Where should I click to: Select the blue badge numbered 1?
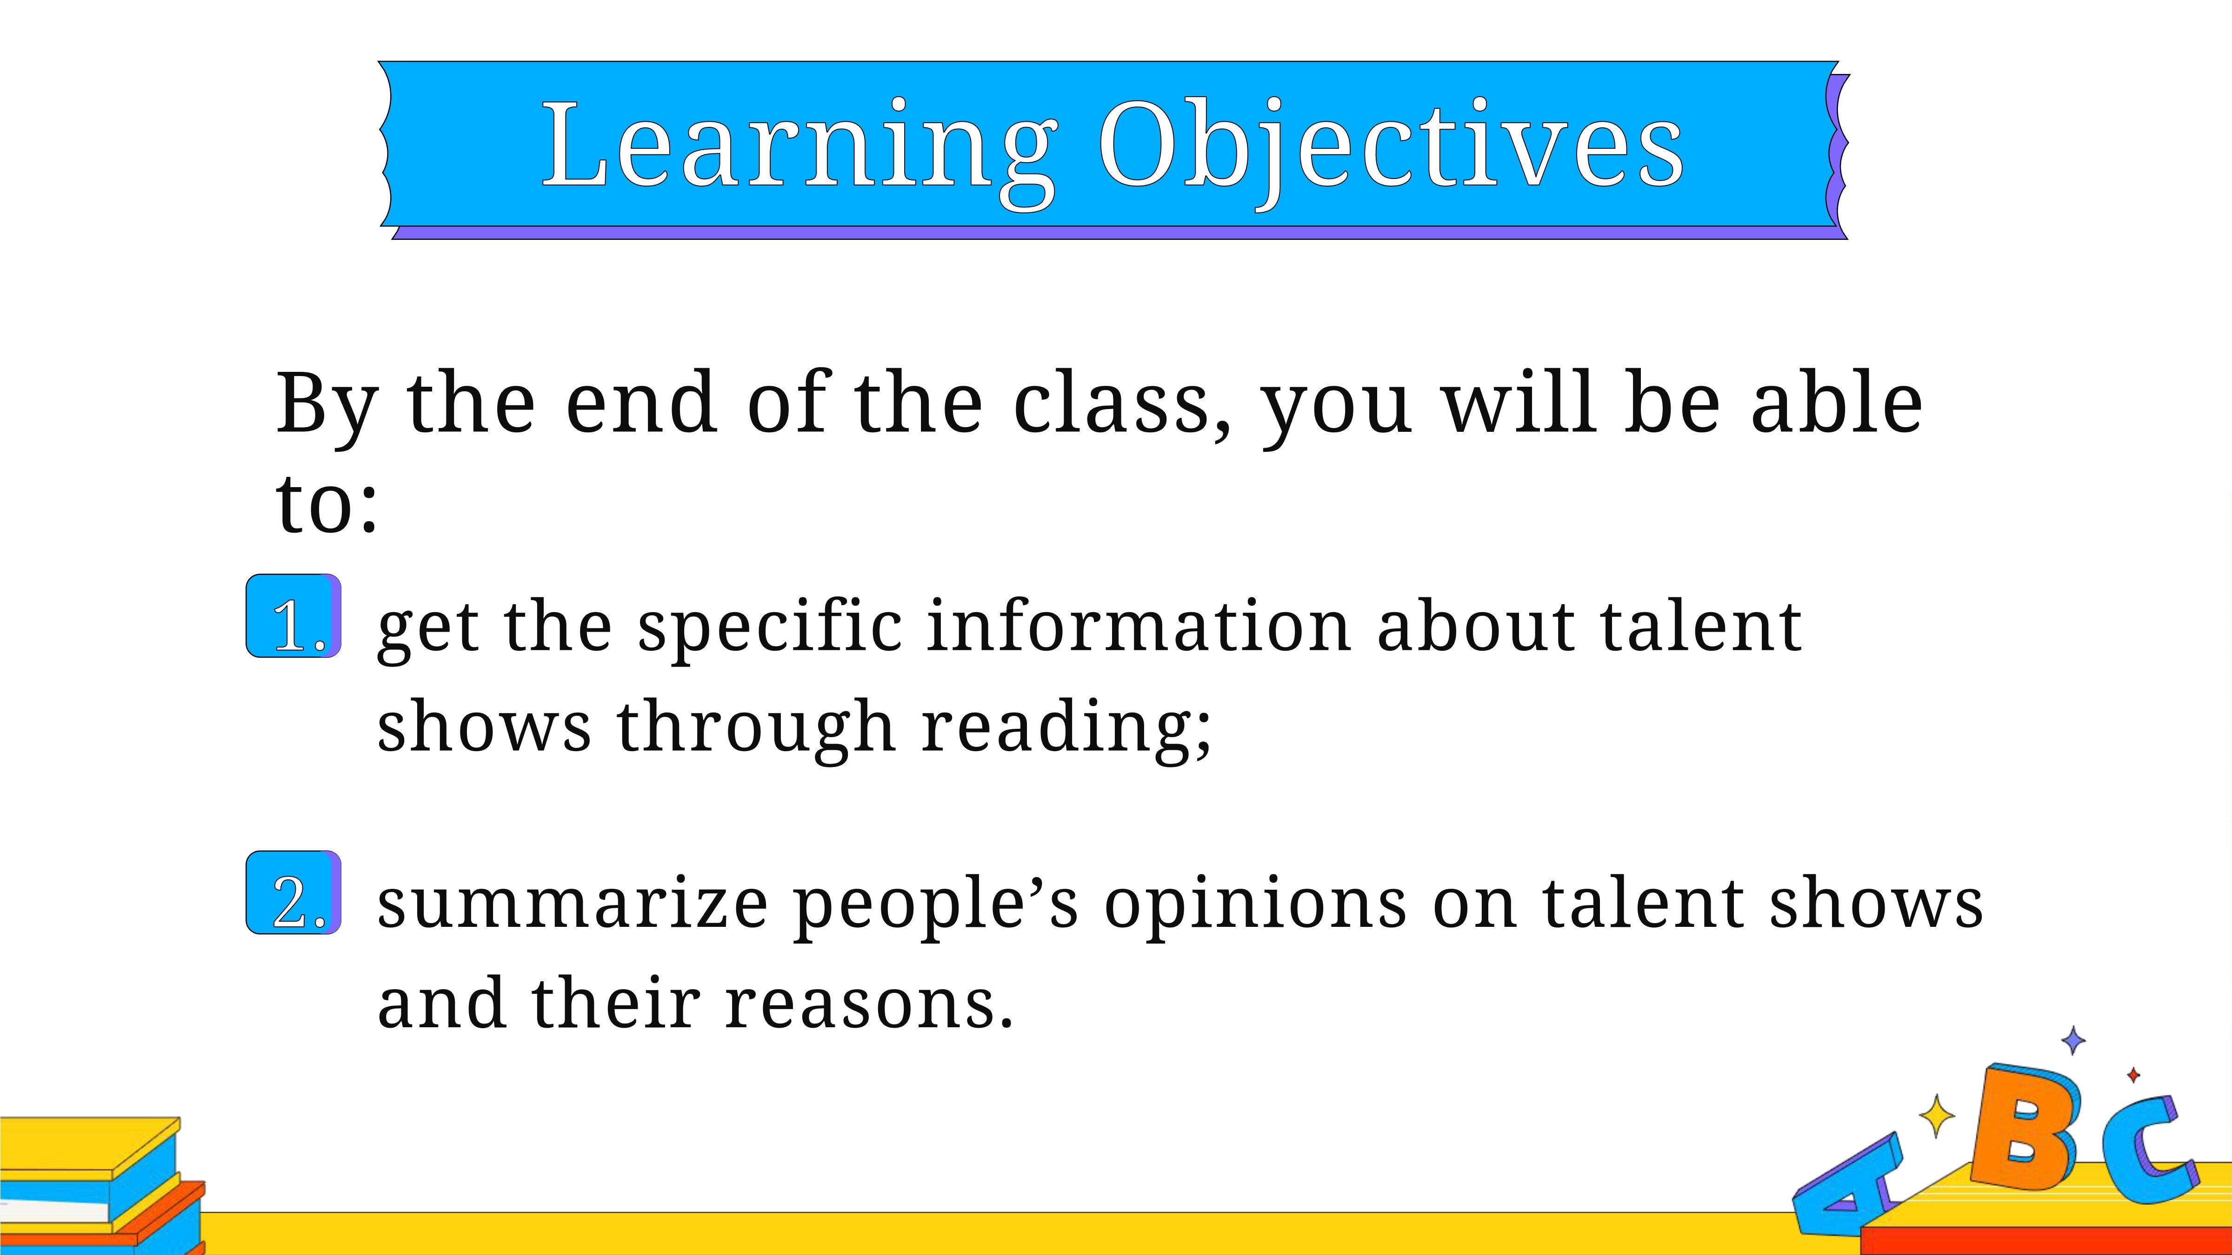point(294,616)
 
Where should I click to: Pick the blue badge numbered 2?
point(294,893)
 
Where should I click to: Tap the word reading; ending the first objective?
point(1066,729)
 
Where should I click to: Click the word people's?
point(936,907)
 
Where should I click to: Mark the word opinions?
point(1255,907)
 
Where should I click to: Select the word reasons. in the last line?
point(869,1004)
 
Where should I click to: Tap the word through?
point(756,729)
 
